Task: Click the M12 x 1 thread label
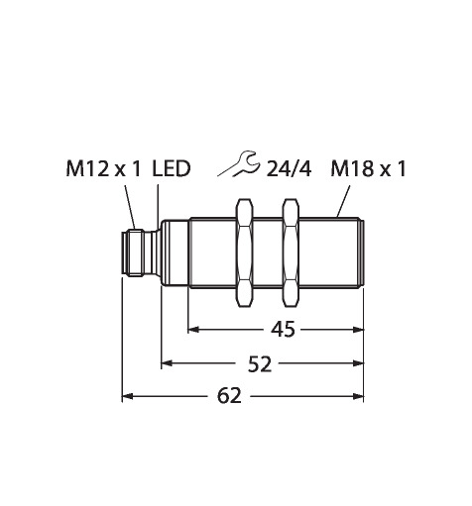(103, 169)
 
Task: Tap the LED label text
(172, 169)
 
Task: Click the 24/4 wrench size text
(289, 169)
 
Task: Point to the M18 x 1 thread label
(368, 169)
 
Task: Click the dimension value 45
(283, 330)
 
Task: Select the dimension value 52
(260, 364)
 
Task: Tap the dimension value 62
(229, 396)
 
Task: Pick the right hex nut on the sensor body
(291, 253)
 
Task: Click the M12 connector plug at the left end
(136, 253)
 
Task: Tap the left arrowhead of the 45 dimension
(193, 330)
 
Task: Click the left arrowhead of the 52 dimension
(167, 363)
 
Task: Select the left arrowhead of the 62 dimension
(128, 396)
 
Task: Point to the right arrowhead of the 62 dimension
(358, 396)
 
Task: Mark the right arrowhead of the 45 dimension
(358, 330)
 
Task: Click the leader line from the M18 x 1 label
(343, 201)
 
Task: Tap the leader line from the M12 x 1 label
(130, 207)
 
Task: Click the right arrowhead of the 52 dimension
(358, 363)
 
